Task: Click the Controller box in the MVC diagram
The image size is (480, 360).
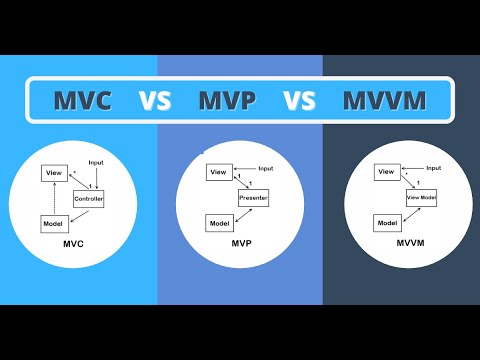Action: pos(88,200)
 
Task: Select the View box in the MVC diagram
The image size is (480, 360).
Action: pos(55,174)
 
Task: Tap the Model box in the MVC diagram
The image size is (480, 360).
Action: pos(54,224)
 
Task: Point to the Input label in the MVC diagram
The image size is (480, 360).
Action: pos(96,162)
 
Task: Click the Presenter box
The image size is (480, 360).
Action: pos(252,197)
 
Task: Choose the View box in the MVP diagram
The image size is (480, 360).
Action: pos(219,173)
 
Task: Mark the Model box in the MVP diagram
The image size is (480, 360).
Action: pos(219,222)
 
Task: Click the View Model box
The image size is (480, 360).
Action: pos(420,197)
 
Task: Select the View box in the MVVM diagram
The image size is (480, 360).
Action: pos(386,172)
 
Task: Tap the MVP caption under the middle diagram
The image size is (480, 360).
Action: pos(240,245)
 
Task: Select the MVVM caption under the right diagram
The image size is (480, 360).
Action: pos(405,245)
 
